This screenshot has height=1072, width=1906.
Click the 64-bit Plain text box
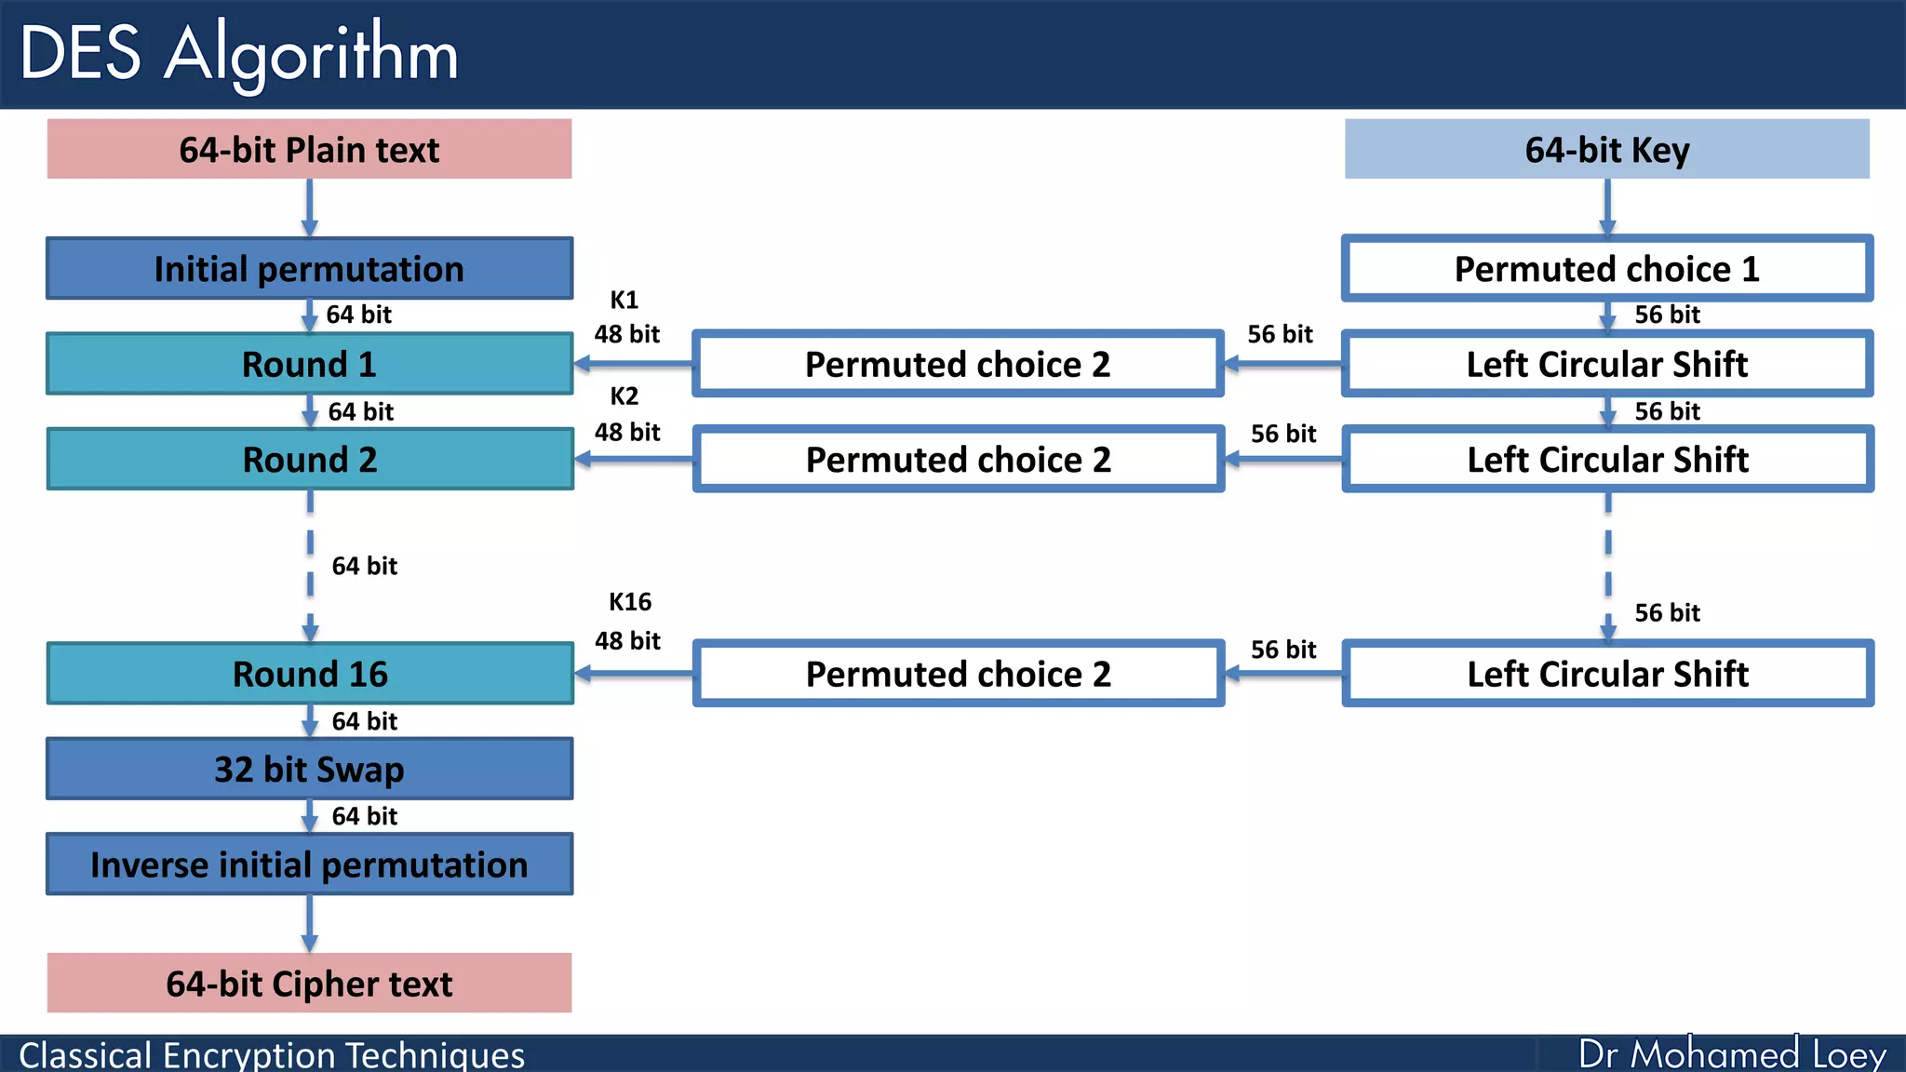tap(309, 149)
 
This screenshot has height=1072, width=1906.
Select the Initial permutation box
tap(309, 268)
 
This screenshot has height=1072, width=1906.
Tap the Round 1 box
tap(309, 364)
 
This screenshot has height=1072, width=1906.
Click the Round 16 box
tap(309, 673)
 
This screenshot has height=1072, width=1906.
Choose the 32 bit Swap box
tap(309, 769)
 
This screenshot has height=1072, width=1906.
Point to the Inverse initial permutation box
tap(309, 864)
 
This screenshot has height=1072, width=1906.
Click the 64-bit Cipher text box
tap(309, 983)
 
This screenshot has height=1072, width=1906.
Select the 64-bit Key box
tap(1606, 149)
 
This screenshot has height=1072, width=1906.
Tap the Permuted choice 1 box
tap(1606, 268)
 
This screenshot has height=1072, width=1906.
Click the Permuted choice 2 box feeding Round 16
tap(958, 673)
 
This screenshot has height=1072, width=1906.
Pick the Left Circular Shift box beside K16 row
tap(1606, 673)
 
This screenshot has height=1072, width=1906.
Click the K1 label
tap(624, 300)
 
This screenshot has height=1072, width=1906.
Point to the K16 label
tap(630, 601)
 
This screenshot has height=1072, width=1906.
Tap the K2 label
tap(624, 395)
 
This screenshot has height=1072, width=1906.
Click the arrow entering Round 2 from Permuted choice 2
tap(633, 459)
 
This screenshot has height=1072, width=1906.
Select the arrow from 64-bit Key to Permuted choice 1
tap(1606, 207)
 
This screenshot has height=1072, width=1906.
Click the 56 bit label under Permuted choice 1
tap(1667, 315)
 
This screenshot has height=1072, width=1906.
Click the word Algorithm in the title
tap(312, 54)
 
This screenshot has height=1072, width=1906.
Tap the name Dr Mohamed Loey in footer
tap(1732, 1053)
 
